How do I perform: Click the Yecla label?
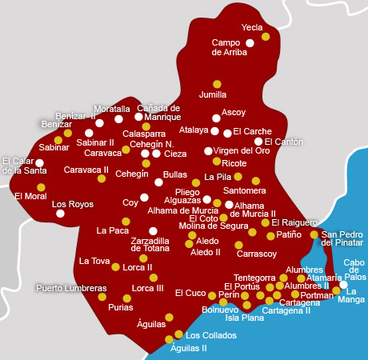point(252,26)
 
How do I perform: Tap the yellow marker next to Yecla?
point(266,36)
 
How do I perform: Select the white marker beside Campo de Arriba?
point(250,42)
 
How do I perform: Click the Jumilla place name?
point(213,94)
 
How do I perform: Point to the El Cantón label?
point(284,142)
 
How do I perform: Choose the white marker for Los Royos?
point(60,214)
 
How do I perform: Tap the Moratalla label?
point(111,109)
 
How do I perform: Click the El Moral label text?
point(30,196)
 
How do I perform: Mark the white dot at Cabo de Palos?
point(343,284)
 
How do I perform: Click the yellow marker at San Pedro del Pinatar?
point(314,234)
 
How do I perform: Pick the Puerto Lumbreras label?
point(71,288)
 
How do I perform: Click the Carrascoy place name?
point(257,254)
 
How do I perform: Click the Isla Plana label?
point(244,317)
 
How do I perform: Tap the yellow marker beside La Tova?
point(115,267)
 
